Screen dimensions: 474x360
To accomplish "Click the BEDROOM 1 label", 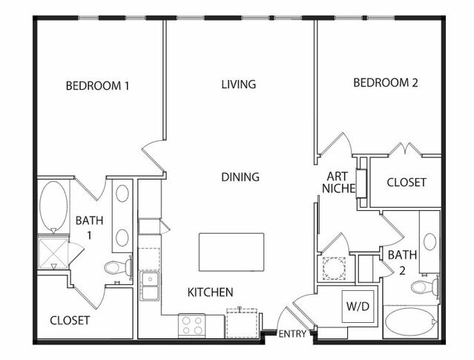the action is pos(97,85).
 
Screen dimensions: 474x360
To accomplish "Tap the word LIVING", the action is pos(239,84).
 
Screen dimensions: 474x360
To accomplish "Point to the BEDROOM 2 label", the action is pos(386,82).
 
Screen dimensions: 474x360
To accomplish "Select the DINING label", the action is pos(240,177).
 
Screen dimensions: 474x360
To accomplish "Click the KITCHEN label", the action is pos(211,292).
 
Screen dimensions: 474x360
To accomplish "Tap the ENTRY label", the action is pos(292,334).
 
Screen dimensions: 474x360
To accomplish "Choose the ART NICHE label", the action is pos(338,182).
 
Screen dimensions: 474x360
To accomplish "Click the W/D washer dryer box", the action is pos(358,307).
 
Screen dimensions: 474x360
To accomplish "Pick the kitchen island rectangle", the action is pos(231,252).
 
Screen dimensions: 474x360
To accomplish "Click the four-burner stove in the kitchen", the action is pos(191,326).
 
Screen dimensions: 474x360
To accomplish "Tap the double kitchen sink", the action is pos(149,286).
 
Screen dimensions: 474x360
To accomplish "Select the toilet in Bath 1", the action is pos(119,267).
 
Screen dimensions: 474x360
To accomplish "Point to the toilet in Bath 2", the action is pos(425,287).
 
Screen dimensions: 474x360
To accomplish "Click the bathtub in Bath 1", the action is pos(53,206).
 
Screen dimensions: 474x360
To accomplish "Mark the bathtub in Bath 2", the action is pos(411,322).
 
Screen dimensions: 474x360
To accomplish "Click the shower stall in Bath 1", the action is pos(53,253).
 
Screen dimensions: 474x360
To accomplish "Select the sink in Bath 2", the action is pos(429,242).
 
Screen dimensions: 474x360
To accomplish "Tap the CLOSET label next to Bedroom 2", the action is pos(406,182).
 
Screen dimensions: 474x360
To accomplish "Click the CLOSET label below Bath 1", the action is pos(70,321).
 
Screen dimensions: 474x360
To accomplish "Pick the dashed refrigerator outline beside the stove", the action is pos(242,323).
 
